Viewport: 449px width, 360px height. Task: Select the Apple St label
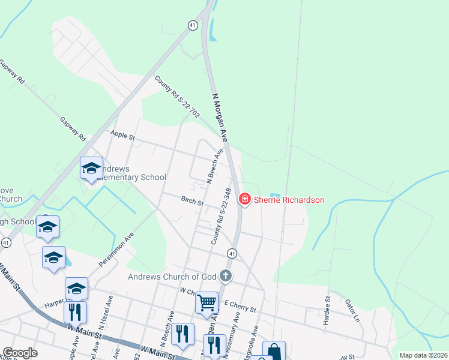[120, 135]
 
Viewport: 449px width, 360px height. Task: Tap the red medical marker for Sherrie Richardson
[245, 199]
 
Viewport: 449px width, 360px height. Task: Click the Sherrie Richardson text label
[289, 200]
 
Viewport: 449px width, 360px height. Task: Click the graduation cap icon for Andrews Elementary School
[91, 168]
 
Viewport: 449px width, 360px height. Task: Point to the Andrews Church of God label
[173, 277]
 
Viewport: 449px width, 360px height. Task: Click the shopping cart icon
[206, 302]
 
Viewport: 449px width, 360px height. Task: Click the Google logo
[20, 353]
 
